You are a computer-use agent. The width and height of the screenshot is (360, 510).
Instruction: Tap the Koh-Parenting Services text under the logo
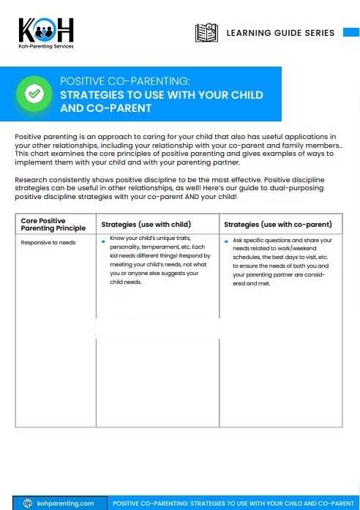[x=46, y=46]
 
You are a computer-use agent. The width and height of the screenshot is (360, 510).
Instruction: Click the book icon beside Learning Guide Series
[x=206, y=33]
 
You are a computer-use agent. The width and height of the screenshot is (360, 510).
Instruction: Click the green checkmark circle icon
[x=34, y=94]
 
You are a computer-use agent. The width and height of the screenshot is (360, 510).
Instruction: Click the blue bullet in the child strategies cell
[x=104, y=240]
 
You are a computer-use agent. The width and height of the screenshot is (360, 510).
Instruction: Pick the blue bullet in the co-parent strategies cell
[x=227, y=241]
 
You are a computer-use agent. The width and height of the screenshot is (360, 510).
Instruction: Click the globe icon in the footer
[x=28, y=503]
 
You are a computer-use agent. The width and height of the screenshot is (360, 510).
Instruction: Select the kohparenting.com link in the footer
[x=65, y=503]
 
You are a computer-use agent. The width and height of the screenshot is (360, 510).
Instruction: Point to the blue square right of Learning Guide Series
[x=350, y=33]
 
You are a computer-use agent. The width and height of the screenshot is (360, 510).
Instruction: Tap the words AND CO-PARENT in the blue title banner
[x=105, y=108]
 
